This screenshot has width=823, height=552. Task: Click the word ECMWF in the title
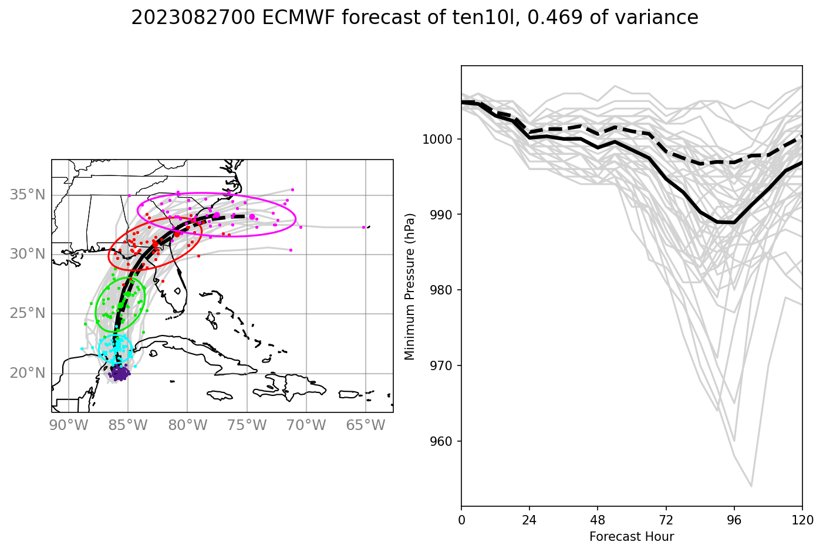(x=298, y=18)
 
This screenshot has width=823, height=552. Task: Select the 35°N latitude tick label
(x=28, y=195)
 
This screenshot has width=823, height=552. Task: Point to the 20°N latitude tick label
(x=28, y=373)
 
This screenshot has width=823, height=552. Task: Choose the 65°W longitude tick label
(x=366, y=425)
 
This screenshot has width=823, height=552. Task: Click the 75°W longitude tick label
(x=247, y=425)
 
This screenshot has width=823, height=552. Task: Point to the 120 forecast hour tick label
(x=802, y=519)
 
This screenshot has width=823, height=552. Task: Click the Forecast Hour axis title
(x=632, y=537)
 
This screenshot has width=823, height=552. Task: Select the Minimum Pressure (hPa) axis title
(x=410, y=286)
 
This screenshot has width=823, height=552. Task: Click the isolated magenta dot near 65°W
(x=364, y=227)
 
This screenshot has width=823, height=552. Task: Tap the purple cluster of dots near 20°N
(x=120, y=373)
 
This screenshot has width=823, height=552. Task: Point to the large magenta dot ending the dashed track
(x=252, y=217)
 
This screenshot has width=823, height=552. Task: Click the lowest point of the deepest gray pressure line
(x=751, y=486)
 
